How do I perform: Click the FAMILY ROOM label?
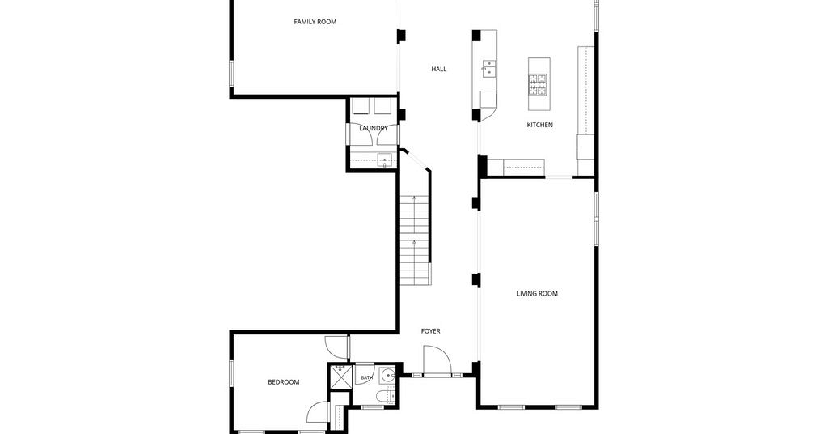click(315, 22)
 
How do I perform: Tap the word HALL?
click(439, 69)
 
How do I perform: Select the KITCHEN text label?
click(539, 125)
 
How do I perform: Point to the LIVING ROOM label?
click(537, 293)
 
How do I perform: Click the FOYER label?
click(430, 331)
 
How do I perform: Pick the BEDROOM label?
click(284, 382)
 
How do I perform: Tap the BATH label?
click(366, 378)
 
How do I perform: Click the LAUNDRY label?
click(374, 128)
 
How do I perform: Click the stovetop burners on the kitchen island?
click(539, 84)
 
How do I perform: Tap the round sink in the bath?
click(390, 376)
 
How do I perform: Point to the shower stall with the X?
click(339, 376)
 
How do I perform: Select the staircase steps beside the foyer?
click(415, 240)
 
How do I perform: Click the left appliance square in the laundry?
click(361, 106)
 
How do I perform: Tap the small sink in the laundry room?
click(385, 160)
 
